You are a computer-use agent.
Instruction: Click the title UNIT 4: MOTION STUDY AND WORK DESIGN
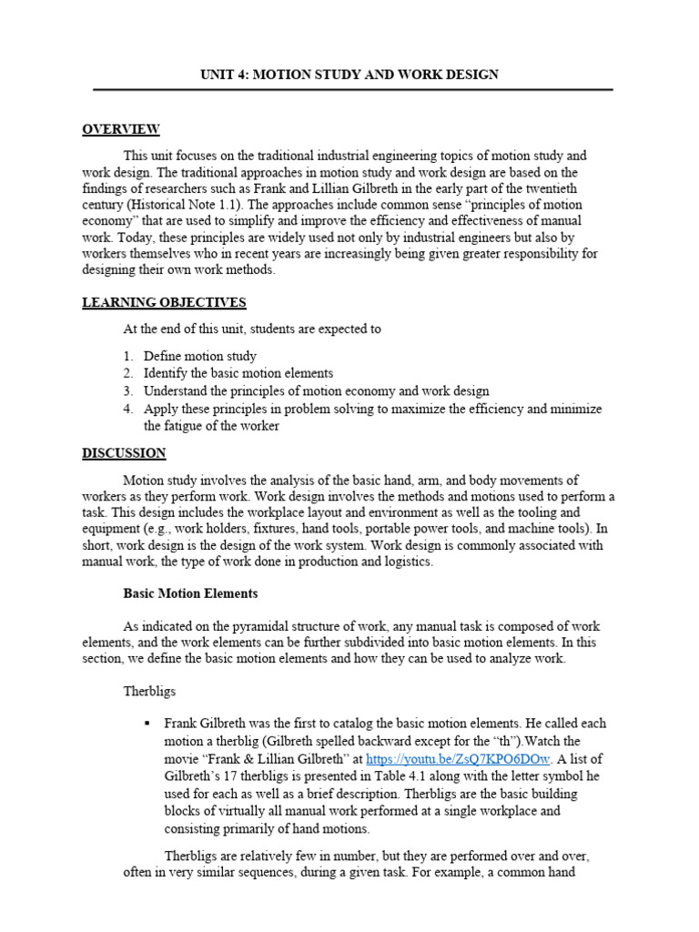tap(349, 74)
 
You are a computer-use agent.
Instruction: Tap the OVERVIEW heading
tap(121, 129)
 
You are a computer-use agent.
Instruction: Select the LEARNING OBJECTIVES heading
tap(164, 302)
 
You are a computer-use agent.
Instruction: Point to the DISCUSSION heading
tap(124, 452)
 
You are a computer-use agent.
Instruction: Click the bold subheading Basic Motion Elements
tap(190, 593)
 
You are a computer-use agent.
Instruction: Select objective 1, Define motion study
tap(199, 356)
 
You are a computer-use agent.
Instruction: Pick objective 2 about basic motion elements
tap(238, 373)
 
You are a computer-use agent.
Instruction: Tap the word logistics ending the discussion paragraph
tap(408, 562)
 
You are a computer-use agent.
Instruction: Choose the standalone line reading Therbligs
tap(148, 691)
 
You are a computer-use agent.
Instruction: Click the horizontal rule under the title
tap(353, 90)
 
